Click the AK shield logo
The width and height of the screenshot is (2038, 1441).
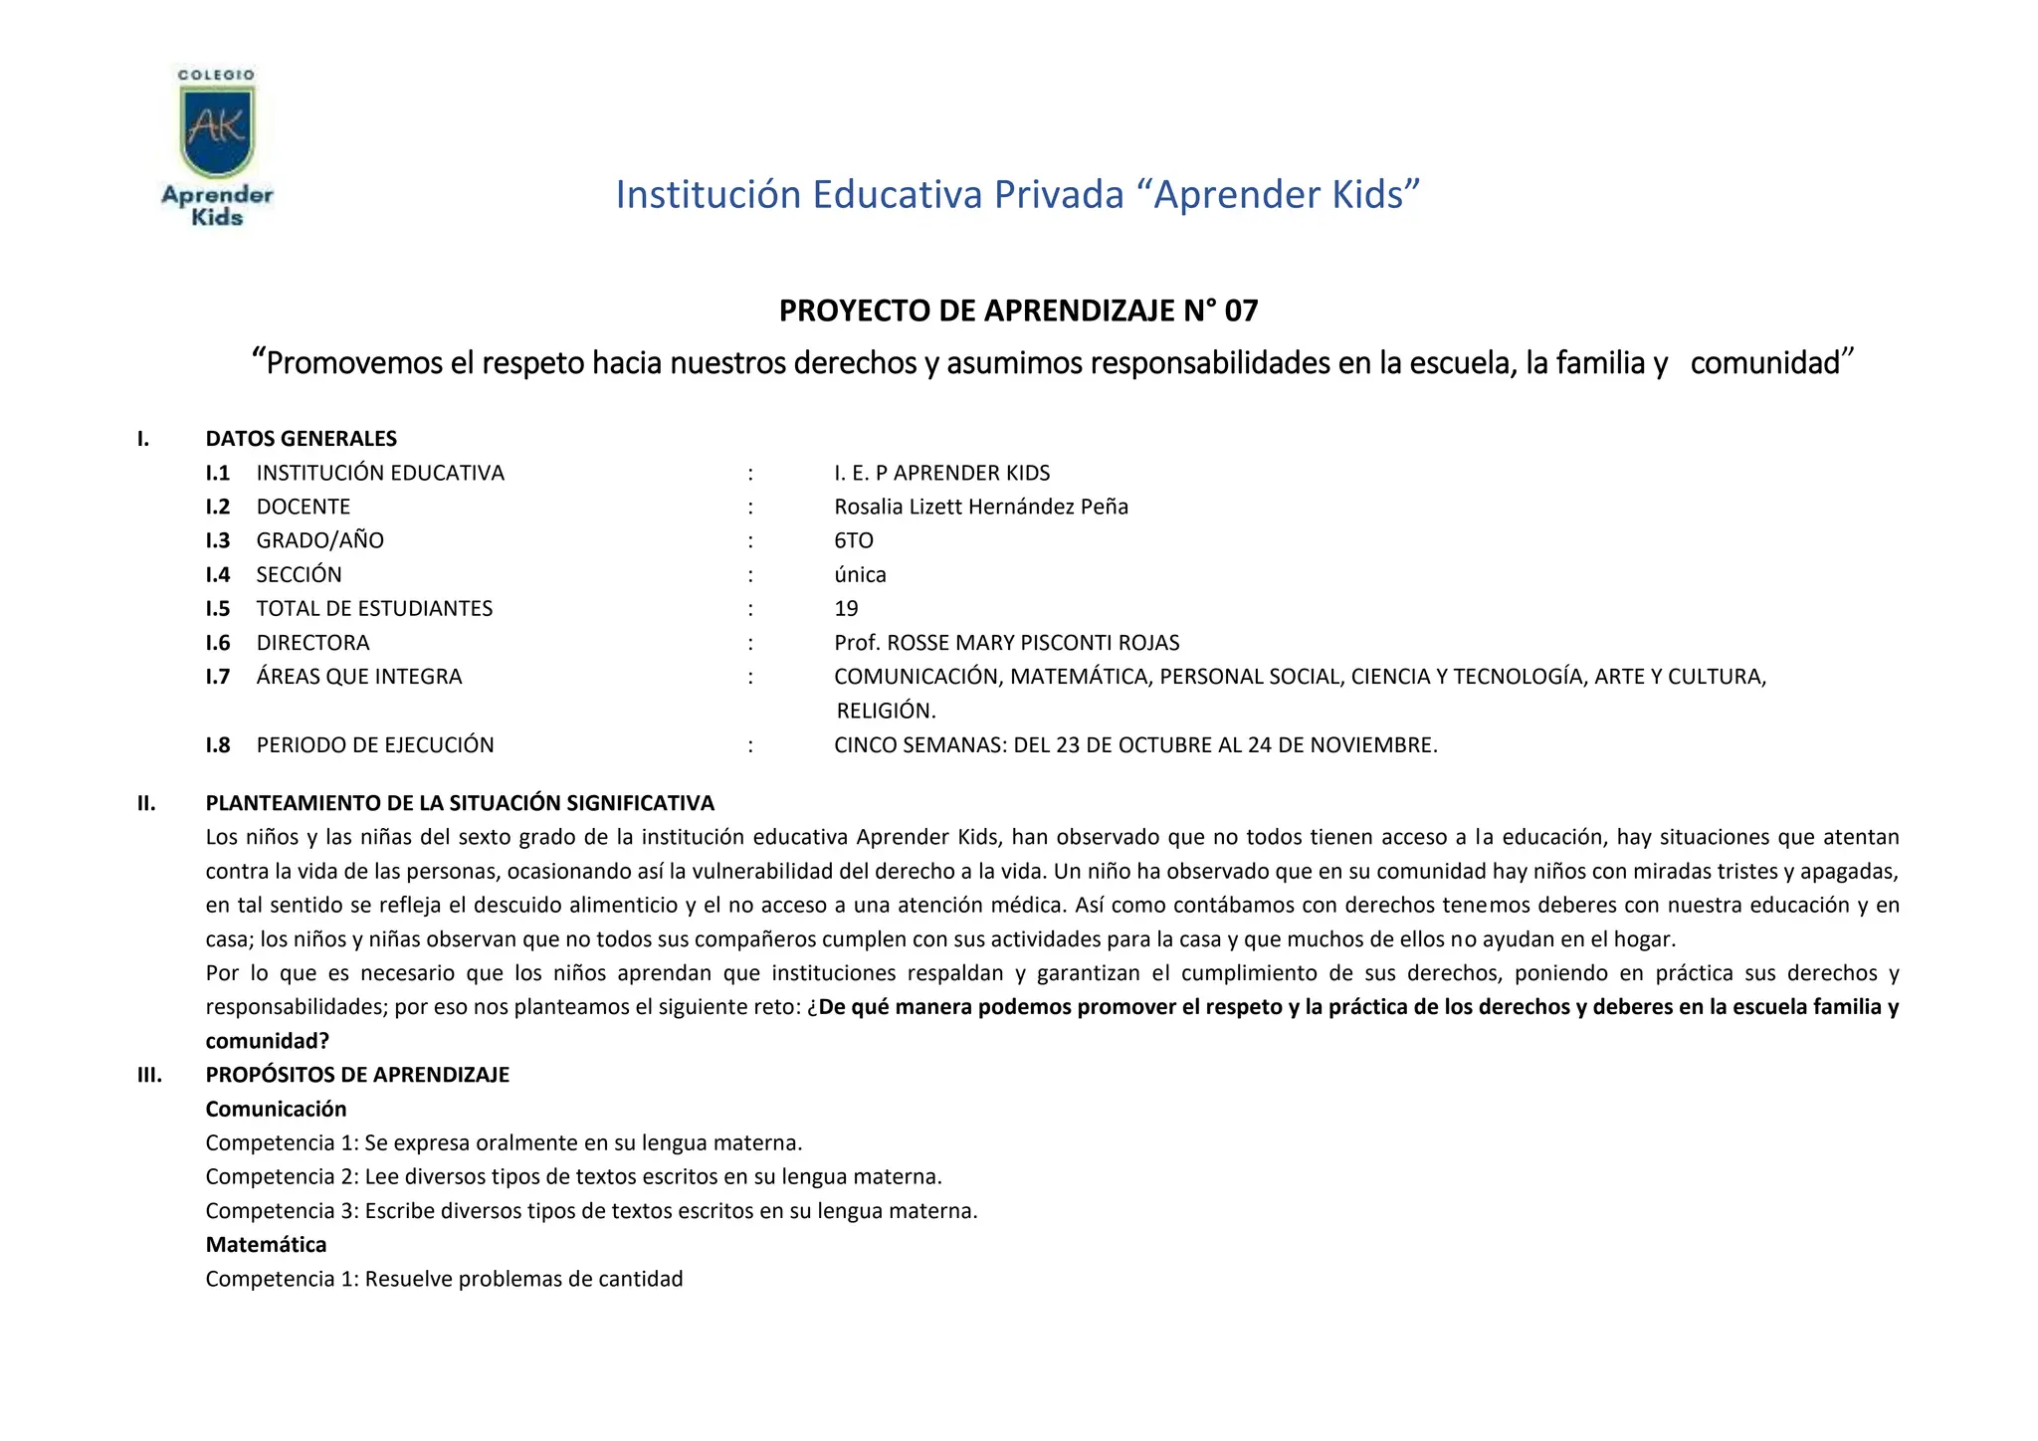point(217,130)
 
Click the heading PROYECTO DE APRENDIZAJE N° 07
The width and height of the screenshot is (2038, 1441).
point(1018,311)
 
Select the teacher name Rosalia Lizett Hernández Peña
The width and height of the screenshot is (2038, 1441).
point(980,507)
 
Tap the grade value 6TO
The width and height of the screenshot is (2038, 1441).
point(853,540)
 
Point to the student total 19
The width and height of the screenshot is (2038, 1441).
point(846,608)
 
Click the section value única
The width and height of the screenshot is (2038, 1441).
point(860,574)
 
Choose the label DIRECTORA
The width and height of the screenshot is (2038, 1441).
point(312,643)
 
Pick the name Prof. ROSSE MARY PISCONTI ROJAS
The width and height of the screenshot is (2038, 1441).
point(1006,643)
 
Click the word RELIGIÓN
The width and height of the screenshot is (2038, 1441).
point(886,711)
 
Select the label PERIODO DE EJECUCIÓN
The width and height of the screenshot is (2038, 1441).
point(374,744)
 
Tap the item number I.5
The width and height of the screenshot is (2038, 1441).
point(218,608)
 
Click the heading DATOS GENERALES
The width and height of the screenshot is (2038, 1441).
point(301,439)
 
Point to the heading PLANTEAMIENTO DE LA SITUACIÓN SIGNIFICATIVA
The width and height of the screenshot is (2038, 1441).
point(460,803)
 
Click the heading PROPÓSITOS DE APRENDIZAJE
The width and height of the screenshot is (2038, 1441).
point(357,1075)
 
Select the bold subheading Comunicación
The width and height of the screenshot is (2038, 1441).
point(276,1109)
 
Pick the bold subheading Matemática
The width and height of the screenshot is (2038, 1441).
point(266,1244)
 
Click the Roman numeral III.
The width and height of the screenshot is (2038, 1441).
point(149,1075)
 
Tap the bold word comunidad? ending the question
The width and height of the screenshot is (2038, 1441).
point(267,1041)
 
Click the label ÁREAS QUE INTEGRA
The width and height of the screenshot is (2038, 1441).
point(358,677)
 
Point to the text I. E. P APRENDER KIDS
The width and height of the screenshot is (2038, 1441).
point(941,473)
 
